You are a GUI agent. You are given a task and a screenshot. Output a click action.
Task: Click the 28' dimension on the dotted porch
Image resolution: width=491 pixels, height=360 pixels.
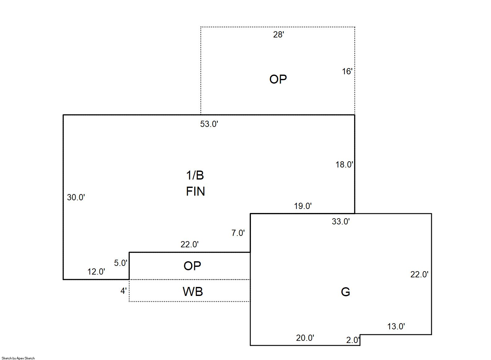point(278,35)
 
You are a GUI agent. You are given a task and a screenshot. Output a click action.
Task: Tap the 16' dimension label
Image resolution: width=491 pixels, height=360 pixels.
point(347,72)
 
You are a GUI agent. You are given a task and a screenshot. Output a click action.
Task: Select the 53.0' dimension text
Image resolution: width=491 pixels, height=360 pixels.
point(209,124)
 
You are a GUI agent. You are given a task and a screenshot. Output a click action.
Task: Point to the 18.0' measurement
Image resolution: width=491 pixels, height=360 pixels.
point(344,165)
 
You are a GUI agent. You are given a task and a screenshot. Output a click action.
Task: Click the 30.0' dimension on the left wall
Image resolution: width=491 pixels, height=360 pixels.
point(76,197)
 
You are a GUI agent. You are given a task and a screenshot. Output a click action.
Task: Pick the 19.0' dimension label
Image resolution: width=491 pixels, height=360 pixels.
point(303,206)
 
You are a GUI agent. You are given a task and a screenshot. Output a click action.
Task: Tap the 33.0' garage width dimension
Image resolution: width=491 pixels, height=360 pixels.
point(340,222)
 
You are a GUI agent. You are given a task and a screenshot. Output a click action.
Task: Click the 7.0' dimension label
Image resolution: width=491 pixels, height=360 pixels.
point(238,233)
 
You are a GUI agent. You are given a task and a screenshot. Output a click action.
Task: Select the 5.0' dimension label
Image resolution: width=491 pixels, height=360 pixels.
point(121,263)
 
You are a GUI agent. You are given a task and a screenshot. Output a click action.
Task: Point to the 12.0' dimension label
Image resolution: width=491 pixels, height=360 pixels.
point(96,272)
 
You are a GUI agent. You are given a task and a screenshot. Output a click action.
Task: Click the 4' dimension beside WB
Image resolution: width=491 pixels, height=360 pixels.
point(123,291)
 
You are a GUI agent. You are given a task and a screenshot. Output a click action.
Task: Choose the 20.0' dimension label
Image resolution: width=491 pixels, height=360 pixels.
point(305,338)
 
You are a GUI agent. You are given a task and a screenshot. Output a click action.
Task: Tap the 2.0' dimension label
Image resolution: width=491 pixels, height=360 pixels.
point(353,340)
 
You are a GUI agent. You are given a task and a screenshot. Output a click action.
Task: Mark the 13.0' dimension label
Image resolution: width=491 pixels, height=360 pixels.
point(396,327)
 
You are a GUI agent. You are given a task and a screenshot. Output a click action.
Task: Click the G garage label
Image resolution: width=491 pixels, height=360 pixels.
point(345,292)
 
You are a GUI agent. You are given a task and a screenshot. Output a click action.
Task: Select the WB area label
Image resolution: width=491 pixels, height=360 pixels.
point(193,292)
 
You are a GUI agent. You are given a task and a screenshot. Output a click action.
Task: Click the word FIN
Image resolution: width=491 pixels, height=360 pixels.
point(195,191)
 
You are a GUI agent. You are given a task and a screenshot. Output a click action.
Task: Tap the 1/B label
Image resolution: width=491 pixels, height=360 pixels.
point(195,176)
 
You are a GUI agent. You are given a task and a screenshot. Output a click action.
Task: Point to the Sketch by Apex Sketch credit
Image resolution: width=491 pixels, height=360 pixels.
point(18,358)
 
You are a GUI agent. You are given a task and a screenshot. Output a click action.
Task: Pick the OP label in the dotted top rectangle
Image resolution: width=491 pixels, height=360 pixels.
point(278,80)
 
